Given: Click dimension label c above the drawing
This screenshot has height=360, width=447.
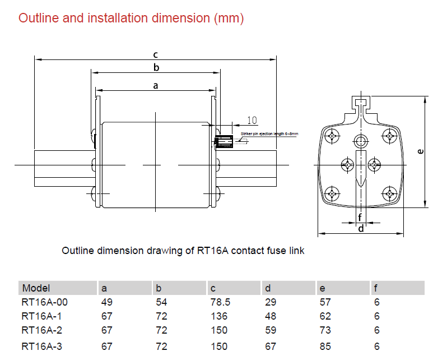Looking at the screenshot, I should point(156,54).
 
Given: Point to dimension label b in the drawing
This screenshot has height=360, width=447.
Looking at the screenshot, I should point(156,68).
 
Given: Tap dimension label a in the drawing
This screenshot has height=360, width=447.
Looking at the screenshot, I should point(156,86).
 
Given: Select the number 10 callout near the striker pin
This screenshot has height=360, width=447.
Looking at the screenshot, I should point(252,120).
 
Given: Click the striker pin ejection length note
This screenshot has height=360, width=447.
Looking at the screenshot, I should point(269,134).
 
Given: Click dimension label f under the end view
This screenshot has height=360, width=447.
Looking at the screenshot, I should point(360,217).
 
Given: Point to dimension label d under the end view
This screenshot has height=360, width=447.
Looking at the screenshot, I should point(361,228).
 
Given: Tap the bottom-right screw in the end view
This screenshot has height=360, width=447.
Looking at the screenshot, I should point(388,193).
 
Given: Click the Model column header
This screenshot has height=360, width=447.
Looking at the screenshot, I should point(36,288).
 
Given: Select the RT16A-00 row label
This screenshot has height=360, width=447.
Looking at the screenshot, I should point(45,302).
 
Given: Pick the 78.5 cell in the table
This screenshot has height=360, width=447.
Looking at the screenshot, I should point(220,302).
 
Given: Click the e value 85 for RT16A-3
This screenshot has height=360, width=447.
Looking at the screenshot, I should point(325,347).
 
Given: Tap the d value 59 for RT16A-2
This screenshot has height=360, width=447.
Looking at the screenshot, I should point(270,331).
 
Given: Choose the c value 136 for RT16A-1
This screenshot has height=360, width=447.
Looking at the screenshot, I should point(219,316).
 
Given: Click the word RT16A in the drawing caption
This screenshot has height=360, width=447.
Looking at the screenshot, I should point(211,251).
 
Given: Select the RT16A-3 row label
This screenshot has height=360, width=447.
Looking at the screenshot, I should point(41,347).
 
